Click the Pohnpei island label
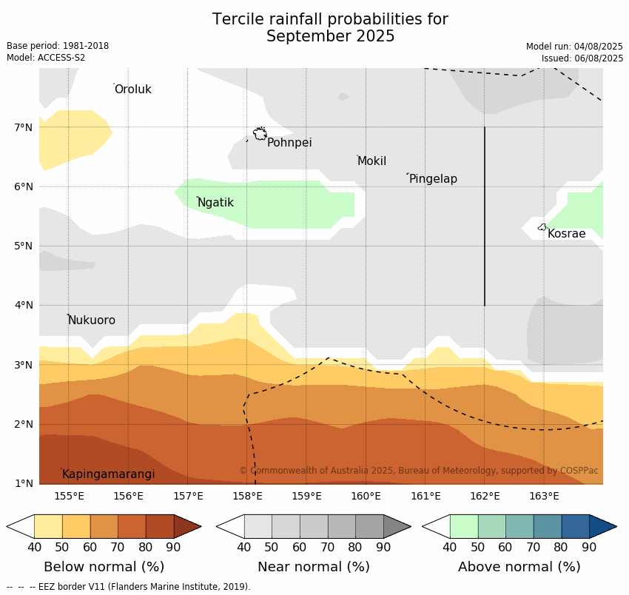(289, 143)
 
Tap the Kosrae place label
(566, 234)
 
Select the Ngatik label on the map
(215, 203)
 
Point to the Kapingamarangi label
(109, 474)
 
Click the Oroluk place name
(132, 90)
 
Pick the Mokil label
(371, 161)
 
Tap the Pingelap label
(433, 179)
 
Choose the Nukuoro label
(92, 320)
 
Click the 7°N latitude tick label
(24, 127)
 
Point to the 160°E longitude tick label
(366, 496)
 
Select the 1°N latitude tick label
(24, 483)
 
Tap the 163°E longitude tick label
(544, 496)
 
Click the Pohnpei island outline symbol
(260, 134)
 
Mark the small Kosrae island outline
(542, 227)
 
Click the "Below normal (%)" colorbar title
(104, 567)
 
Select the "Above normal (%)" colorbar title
(519, 567)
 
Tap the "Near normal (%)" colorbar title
(313, 567)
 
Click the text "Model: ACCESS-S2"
(46, 58)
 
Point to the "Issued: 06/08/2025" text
(582, 58)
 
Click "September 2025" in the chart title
(330, 36)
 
